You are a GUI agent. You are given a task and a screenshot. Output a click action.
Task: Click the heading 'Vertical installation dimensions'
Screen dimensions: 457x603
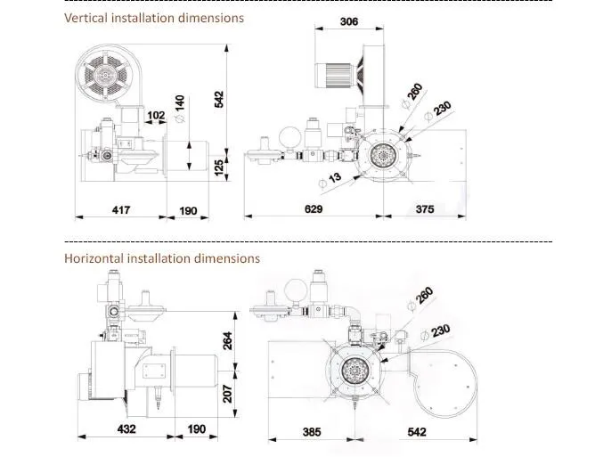click(154, 18)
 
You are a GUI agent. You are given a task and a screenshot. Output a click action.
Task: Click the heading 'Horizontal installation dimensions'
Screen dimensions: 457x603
click(162, 258)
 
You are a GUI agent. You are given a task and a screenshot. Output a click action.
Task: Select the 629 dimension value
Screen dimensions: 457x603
click(313, 209)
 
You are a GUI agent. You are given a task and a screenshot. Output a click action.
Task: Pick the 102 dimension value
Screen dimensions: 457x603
click(156, 115)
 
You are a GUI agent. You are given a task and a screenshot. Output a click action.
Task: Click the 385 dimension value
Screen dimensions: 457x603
click(310, 432)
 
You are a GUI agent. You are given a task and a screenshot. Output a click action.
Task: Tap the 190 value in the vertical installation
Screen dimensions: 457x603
click(188, 210)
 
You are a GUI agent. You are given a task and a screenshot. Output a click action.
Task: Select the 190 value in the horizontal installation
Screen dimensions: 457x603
click(196, 429)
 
